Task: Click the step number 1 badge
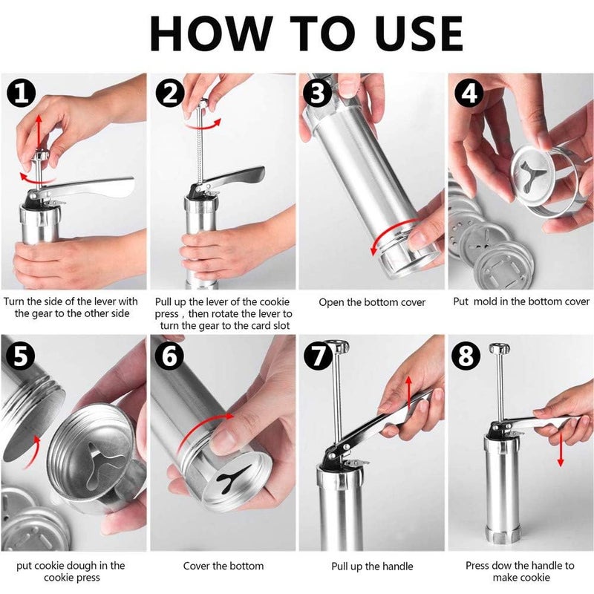[22, 94]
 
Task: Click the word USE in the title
[407, 33]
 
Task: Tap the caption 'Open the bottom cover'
[372, 302]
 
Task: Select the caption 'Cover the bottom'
[223, 566]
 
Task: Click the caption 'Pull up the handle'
[372, 567]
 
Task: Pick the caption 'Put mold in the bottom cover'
[521, 301]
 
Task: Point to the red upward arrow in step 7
[408, 390]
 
